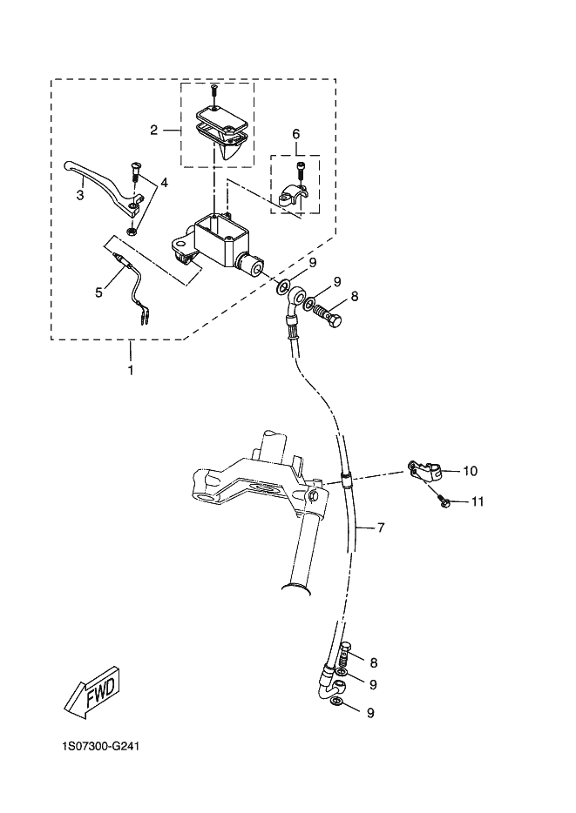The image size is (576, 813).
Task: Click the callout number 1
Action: pos(130,370)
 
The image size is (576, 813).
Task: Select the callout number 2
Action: pos(153,130)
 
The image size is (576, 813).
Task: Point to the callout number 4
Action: pos(164,183)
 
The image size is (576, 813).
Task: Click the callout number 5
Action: pos(98,292)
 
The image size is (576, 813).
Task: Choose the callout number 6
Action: pos(295,134)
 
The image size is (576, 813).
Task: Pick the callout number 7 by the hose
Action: pos(381,527)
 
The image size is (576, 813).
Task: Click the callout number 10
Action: pos(471,471)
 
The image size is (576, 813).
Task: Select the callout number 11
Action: pos(478,501)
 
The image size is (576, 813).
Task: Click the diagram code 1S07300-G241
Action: pos(100,747)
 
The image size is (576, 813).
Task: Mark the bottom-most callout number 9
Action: pos(370,713)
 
